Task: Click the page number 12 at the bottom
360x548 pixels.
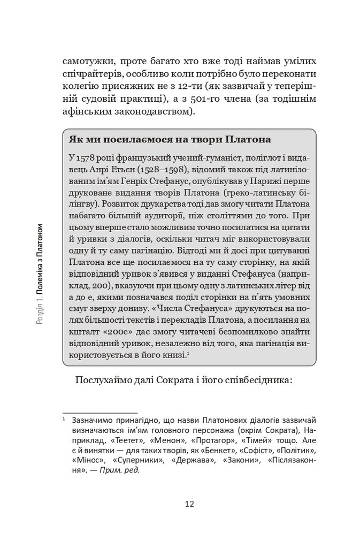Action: (189, 504)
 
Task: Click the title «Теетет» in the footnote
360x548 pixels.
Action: (128, 442)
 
